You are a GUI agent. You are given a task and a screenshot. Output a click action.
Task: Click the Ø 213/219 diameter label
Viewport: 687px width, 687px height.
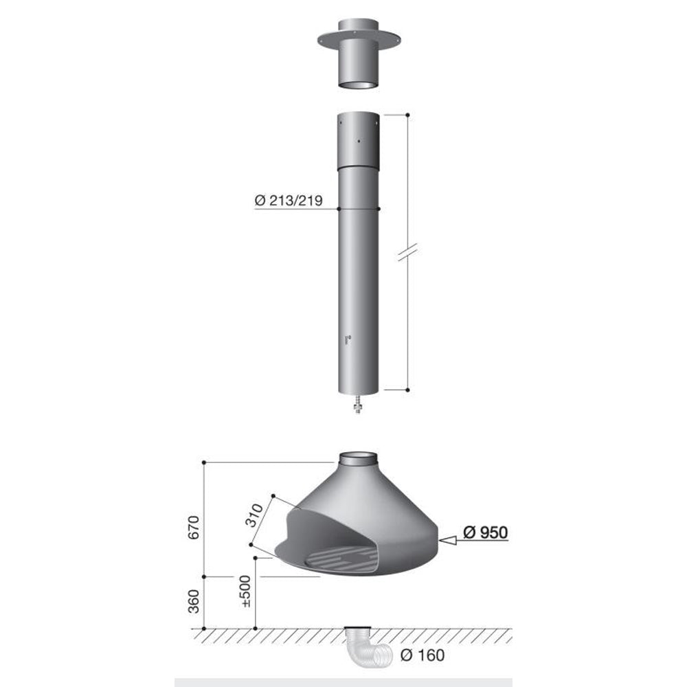tap(289, 201)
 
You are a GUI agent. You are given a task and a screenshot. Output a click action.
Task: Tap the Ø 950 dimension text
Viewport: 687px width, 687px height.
tap(486, 532)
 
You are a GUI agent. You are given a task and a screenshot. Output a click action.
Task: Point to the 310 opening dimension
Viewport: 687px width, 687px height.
tap(254, 516)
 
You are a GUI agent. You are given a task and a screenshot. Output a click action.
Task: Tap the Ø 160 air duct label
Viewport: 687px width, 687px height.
tap(423, 655)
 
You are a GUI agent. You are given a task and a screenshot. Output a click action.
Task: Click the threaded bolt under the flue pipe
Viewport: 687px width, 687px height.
tap(358, 405)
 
